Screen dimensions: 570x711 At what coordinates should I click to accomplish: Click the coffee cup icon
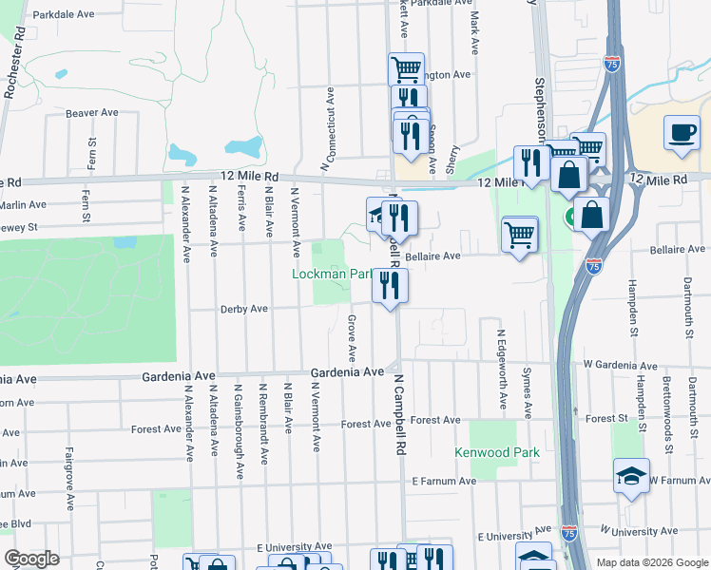[x=681, y=132]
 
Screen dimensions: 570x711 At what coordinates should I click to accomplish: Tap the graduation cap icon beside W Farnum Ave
[x=630, y=478]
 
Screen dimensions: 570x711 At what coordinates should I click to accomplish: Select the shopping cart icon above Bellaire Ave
[x=519, y=234]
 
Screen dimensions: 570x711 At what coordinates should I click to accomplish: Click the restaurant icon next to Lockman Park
[x=389, y=286]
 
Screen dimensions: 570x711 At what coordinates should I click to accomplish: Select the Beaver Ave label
[x=92, y=113]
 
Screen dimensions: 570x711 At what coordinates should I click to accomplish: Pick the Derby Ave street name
[x=244, y=309]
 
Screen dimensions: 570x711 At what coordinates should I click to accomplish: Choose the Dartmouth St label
[x=687, y=300]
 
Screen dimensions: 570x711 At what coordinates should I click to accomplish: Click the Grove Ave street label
[x=351, y=338]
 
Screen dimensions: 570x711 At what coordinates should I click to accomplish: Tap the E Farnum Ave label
[x=444, y=482]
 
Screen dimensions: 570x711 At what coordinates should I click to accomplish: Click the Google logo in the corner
[x=31, y=558]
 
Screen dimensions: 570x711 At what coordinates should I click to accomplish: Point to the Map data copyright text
[x=652, y=562]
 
